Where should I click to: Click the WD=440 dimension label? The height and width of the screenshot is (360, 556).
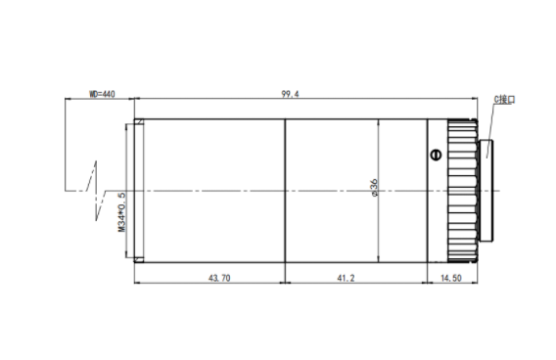pos(102,94)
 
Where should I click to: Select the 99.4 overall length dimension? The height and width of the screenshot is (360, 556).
pos(290,94)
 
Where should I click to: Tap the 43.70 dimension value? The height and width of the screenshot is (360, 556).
pos(219,278)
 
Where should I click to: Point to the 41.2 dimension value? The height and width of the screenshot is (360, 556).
pos(346,278)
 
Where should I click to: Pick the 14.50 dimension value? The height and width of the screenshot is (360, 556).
pos(451,278)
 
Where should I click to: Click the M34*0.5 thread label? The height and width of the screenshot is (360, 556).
pos(121,212)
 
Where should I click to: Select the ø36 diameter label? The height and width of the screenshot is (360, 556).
pos(374,188)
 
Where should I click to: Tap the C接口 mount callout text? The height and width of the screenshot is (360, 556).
pos(504,100)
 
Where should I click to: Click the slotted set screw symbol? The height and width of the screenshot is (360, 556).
pos(436,155)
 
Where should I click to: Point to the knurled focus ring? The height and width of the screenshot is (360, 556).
pos(462,191)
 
